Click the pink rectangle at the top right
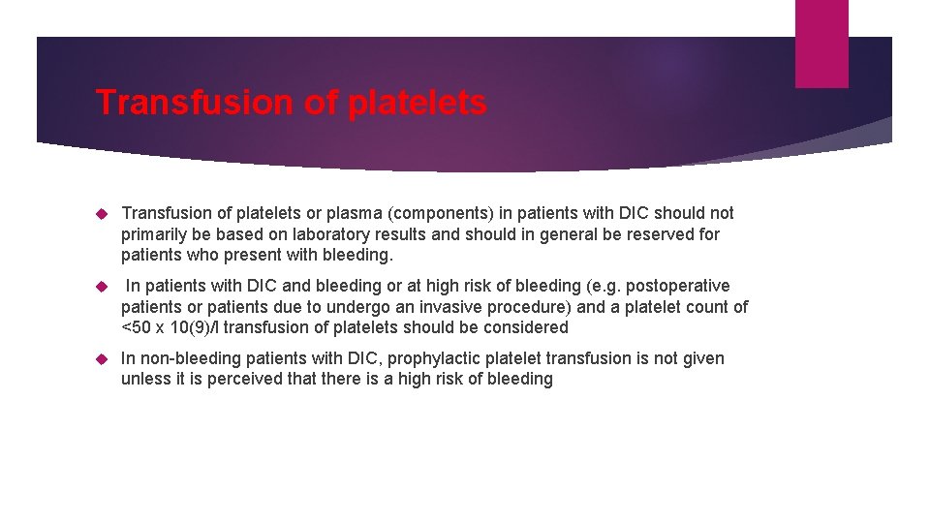821,43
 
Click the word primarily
156,234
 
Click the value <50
138,327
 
